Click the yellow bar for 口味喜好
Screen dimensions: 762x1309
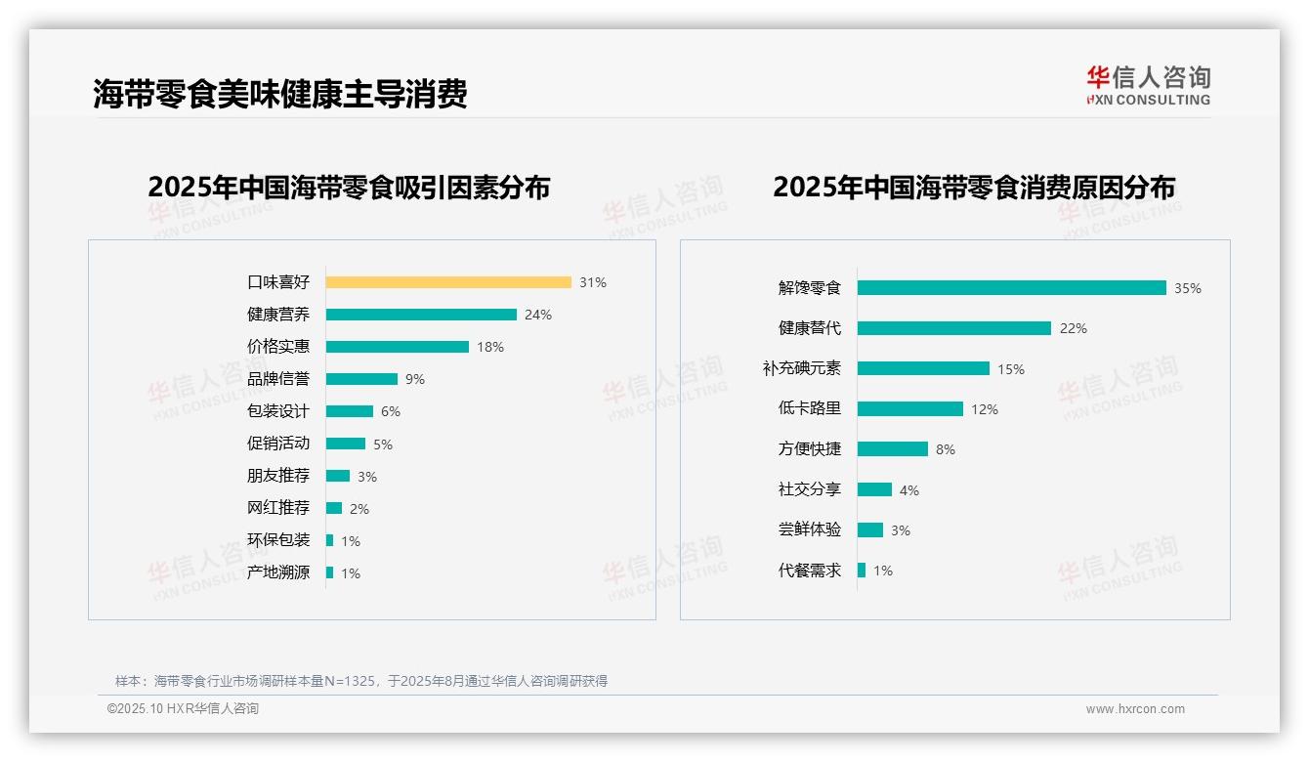pos(448,282)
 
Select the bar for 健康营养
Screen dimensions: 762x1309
pos(421,315)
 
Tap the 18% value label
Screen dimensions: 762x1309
pos(490,347)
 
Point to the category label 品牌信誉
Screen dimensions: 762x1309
pos(278,379)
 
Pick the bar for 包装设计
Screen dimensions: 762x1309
pos(350,411)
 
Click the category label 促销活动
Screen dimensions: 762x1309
pos(278,444)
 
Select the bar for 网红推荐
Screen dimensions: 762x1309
pos(334,508)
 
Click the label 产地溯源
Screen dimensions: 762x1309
pos(278,572)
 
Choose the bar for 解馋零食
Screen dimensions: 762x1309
pos(1012,288)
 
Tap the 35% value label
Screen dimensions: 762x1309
pos(1188,288)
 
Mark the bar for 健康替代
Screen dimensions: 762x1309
pos(954,328)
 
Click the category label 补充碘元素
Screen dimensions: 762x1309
pos(801,368)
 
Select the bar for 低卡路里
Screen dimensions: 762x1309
pos(910,409)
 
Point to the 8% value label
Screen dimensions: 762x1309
pos(946,449)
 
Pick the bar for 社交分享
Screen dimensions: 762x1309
pos(875,489)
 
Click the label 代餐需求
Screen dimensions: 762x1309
pos(810,571)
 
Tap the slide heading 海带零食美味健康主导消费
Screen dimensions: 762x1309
pos(280,94)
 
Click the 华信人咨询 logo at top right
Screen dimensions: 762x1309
pos(1148,85)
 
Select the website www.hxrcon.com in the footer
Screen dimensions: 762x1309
pos(1135,709)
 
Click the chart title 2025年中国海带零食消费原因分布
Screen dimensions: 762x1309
pos(974,188)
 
